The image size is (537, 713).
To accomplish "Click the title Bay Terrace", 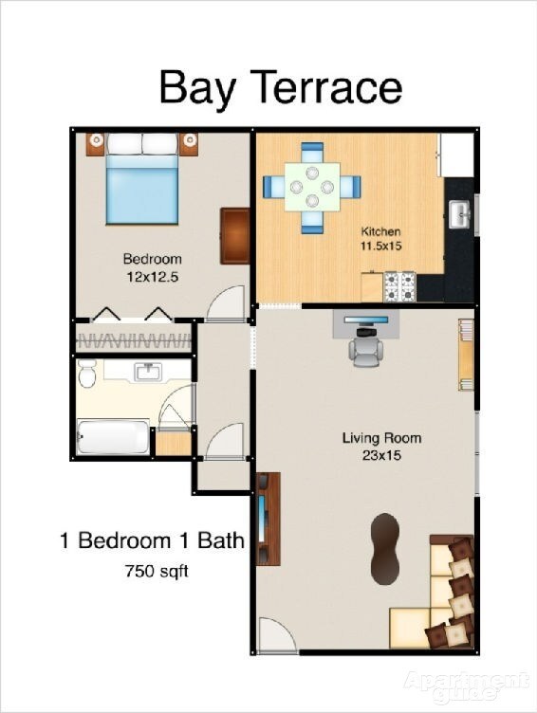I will click(280, 87).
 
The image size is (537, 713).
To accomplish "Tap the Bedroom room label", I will click(152, 259).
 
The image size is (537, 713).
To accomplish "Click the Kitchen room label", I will click(381, 231).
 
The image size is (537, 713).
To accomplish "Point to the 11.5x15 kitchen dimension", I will click(381, 247).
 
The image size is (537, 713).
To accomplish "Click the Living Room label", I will click(381, 438).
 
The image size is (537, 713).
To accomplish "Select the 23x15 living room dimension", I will click(381, 454).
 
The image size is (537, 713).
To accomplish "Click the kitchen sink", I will click(460, 213).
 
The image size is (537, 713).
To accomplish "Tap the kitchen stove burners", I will click(400, 283).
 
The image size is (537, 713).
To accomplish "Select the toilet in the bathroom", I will click(87, 375).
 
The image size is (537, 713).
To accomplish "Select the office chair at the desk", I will click(364, 351).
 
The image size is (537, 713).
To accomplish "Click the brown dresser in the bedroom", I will click(234, 235).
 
